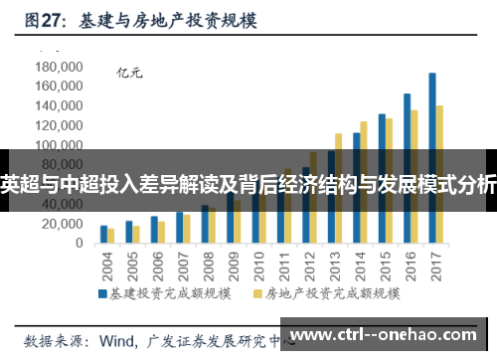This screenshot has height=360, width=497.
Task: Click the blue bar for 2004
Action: pos(103,235)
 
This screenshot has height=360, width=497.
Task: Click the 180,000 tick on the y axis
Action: pos(58,67)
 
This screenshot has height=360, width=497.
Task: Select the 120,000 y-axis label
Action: pos(58,125)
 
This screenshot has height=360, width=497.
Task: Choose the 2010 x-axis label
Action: pos(259,264)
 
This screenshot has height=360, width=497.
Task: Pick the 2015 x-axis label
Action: pos(386,264)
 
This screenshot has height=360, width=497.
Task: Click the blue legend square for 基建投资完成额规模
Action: pos(101,294)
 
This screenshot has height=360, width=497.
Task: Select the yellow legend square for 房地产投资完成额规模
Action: pos(259,294)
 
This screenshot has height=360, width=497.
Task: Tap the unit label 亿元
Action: pos(130,72)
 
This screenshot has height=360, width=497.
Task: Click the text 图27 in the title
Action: pos(44,19)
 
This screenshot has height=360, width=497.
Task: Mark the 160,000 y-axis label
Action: pos(58,87)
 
